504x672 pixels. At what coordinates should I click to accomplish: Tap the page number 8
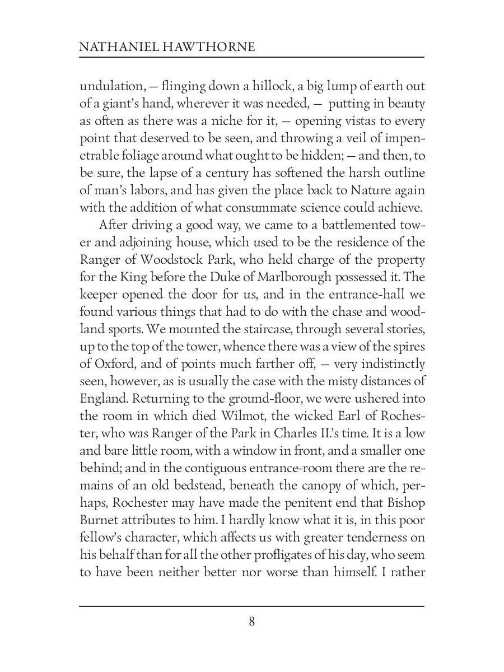(x=252, y=622)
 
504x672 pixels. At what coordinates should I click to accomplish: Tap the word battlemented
(x=347, y=225)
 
